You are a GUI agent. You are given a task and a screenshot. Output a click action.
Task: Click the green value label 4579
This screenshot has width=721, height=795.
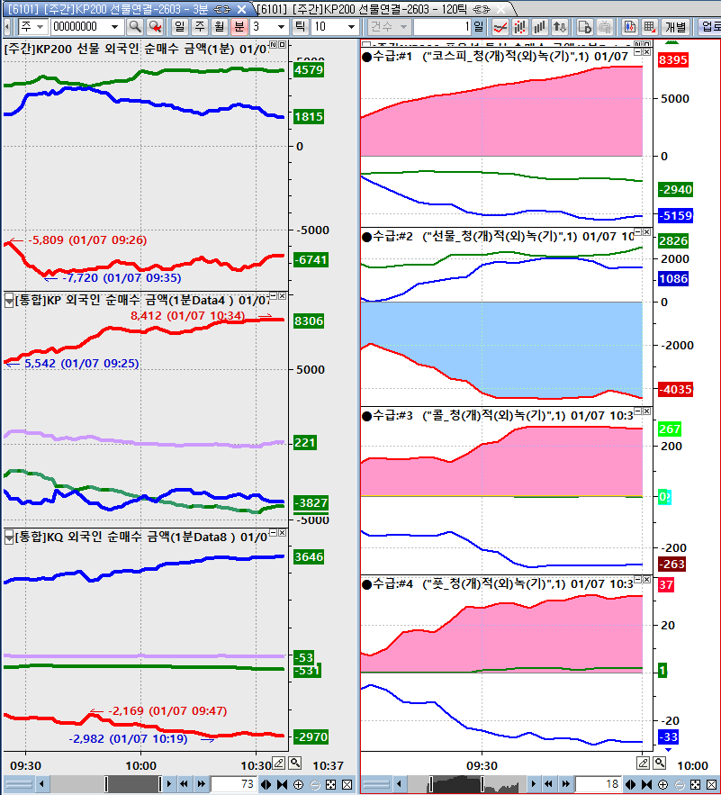click(x=309, y=70)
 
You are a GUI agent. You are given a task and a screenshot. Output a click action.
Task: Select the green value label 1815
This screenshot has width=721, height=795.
click(x=309, y=117)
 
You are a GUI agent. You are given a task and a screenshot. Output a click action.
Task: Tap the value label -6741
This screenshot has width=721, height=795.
click(x=311, y=259)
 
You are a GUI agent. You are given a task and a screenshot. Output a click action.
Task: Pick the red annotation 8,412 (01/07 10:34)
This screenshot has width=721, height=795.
click(x=187, y=315)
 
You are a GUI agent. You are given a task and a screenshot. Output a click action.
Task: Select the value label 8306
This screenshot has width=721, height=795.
click(x=309, y=321)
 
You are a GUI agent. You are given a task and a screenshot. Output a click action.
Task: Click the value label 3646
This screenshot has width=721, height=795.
click(x=309, y=557)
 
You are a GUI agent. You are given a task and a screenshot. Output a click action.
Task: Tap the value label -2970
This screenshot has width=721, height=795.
click(x=311, y=736)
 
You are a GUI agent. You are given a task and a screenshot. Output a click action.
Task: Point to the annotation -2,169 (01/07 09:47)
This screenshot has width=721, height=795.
click(x=167, y=711)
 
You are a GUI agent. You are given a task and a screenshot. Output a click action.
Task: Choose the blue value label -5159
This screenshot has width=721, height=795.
click(x=675, y=216)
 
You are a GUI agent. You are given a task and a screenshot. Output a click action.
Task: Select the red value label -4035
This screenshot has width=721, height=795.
click(x=675, y=390)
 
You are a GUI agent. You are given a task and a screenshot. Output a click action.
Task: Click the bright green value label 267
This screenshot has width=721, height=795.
click(x=670, y=429)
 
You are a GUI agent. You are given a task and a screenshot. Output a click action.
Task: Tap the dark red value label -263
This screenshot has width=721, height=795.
click(x=671, y=565)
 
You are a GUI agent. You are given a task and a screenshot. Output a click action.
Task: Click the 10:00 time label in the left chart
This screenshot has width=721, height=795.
click(x=140, y=765)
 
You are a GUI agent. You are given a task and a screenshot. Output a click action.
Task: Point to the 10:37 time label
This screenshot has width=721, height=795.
click(x=328, y=765)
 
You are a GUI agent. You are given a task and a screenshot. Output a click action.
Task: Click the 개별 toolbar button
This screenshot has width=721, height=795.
click(x=676, y=27)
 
